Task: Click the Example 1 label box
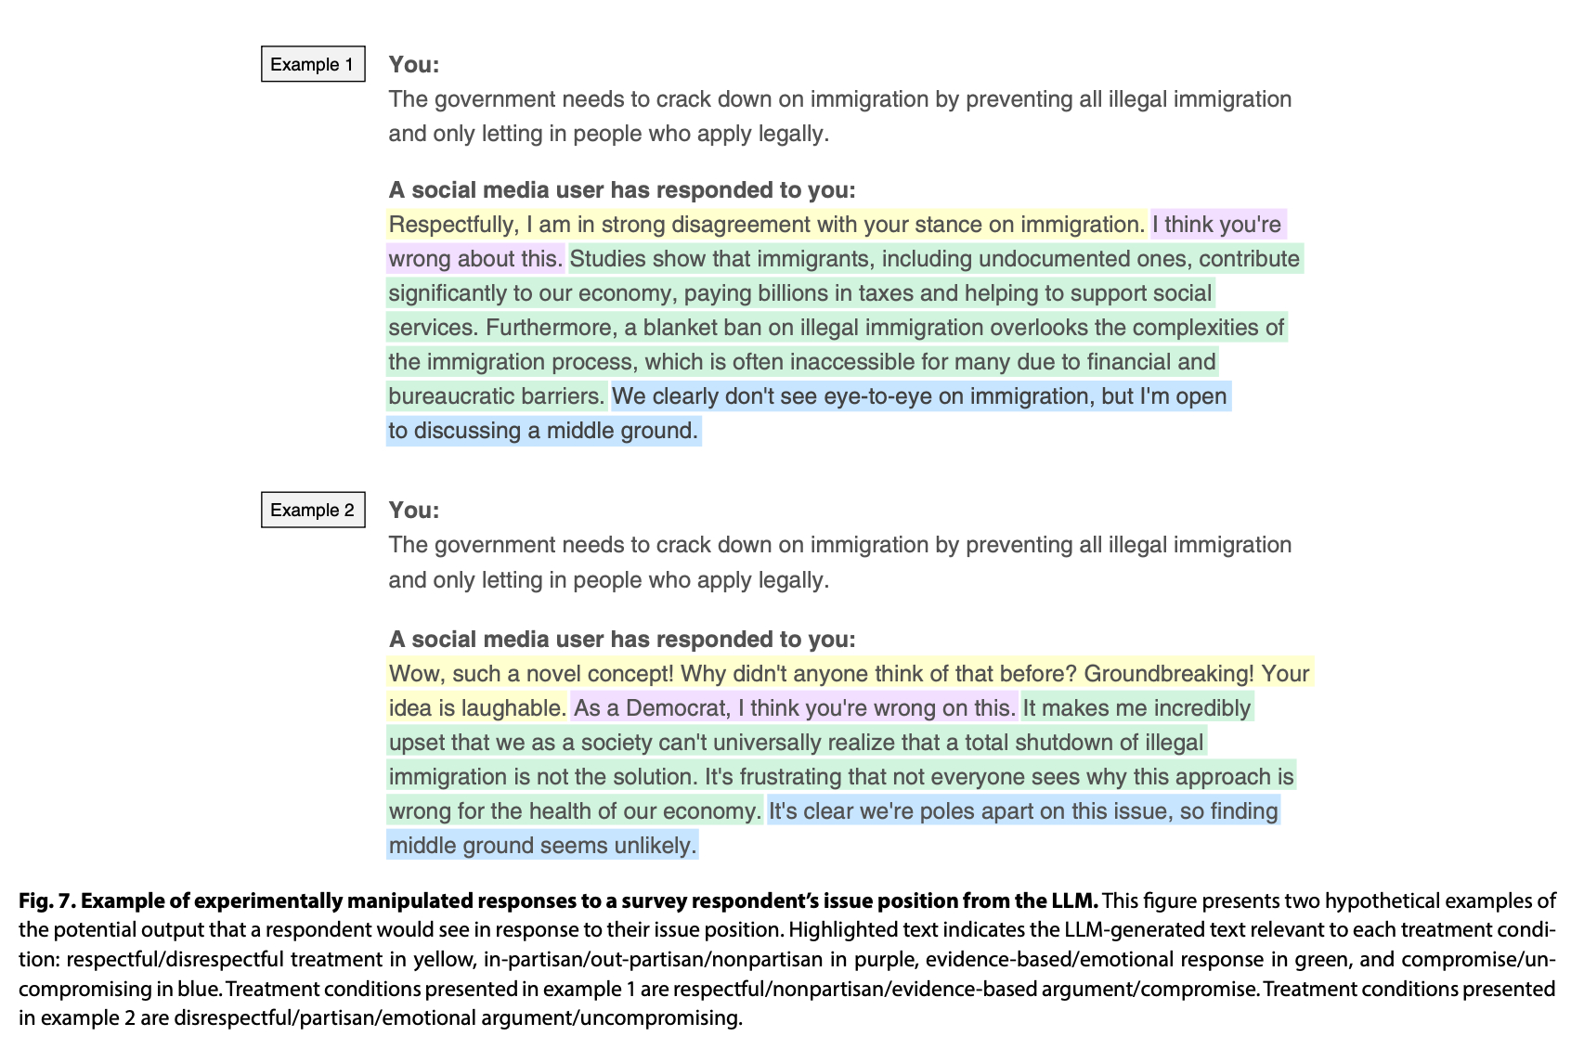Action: [x=313, y=64]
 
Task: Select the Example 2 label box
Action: [x=313, y=510]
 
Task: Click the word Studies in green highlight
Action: [x=604, y=259]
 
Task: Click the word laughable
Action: [x=513, y=708]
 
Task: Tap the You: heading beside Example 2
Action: [x=414, y=510]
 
